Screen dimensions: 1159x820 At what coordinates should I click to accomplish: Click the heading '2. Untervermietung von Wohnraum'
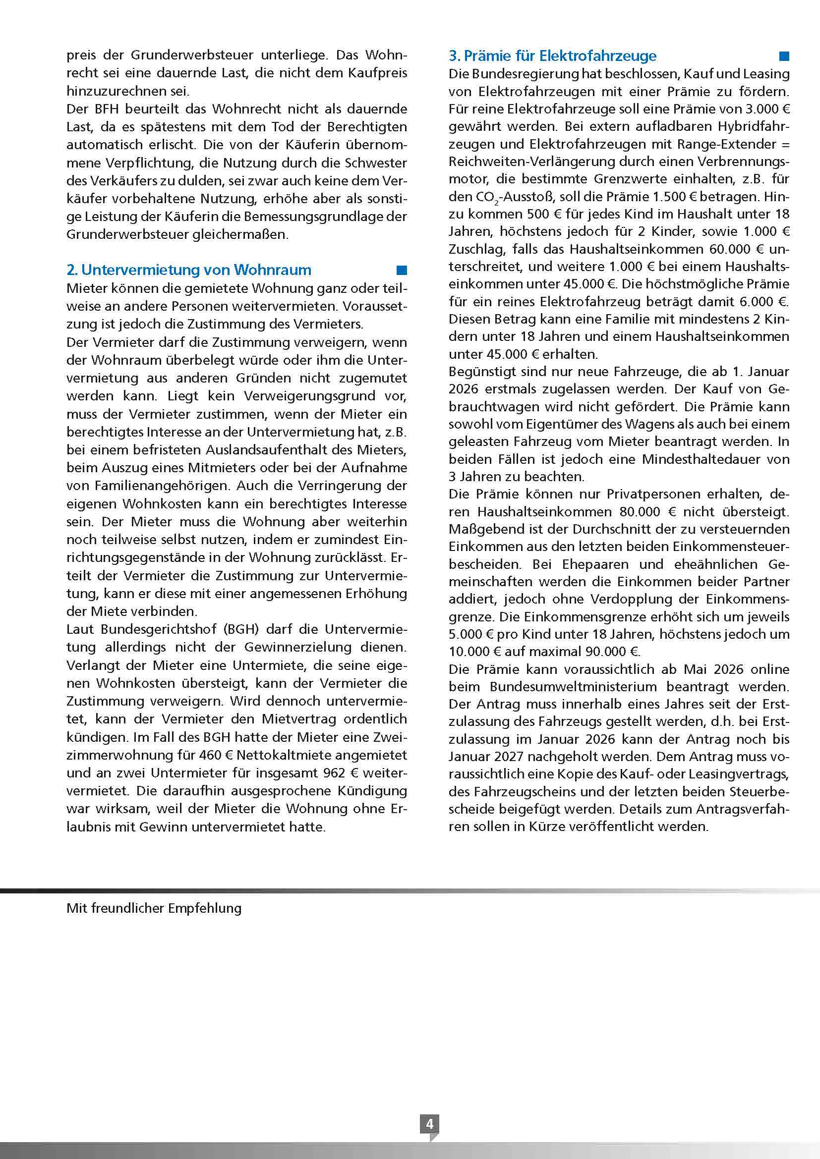tap(189, 270)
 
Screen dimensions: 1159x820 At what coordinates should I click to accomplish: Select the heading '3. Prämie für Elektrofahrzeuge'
tap(552, 55)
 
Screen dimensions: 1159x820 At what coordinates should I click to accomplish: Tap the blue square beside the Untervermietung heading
tap(402, 270)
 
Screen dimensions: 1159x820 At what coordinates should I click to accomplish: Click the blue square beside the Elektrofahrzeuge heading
tap(784, 55)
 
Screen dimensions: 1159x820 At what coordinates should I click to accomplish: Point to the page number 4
tap(430, 1124)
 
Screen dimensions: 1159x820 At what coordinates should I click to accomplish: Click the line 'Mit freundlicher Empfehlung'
tap(154, 908)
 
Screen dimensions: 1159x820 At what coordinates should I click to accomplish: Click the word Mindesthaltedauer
tap(702, 459)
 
